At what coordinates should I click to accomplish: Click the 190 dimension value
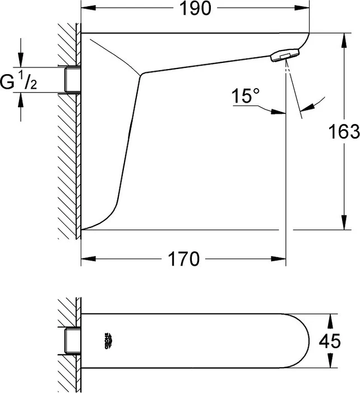click(x=195, y=8)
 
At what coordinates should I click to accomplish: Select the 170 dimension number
click(x=184, y=259)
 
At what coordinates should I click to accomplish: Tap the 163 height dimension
click(x=344, y=131)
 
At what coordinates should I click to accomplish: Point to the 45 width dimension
click(x=330, y=341)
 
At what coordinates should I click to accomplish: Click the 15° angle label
click(x=246, y=95)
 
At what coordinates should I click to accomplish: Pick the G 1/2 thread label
click(x=19, y=81)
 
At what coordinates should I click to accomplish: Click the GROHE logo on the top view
click(x=108, y=341)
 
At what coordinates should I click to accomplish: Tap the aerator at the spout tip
click(x=285, y=55)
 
